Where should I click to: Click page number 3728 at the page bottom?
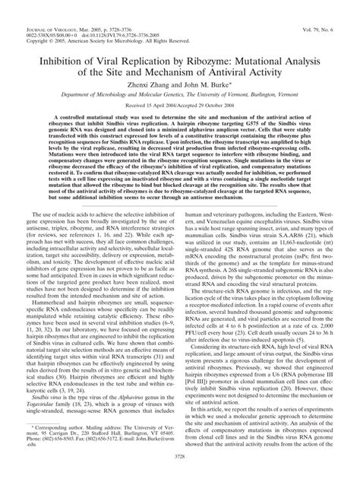(x=179, y=475)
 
